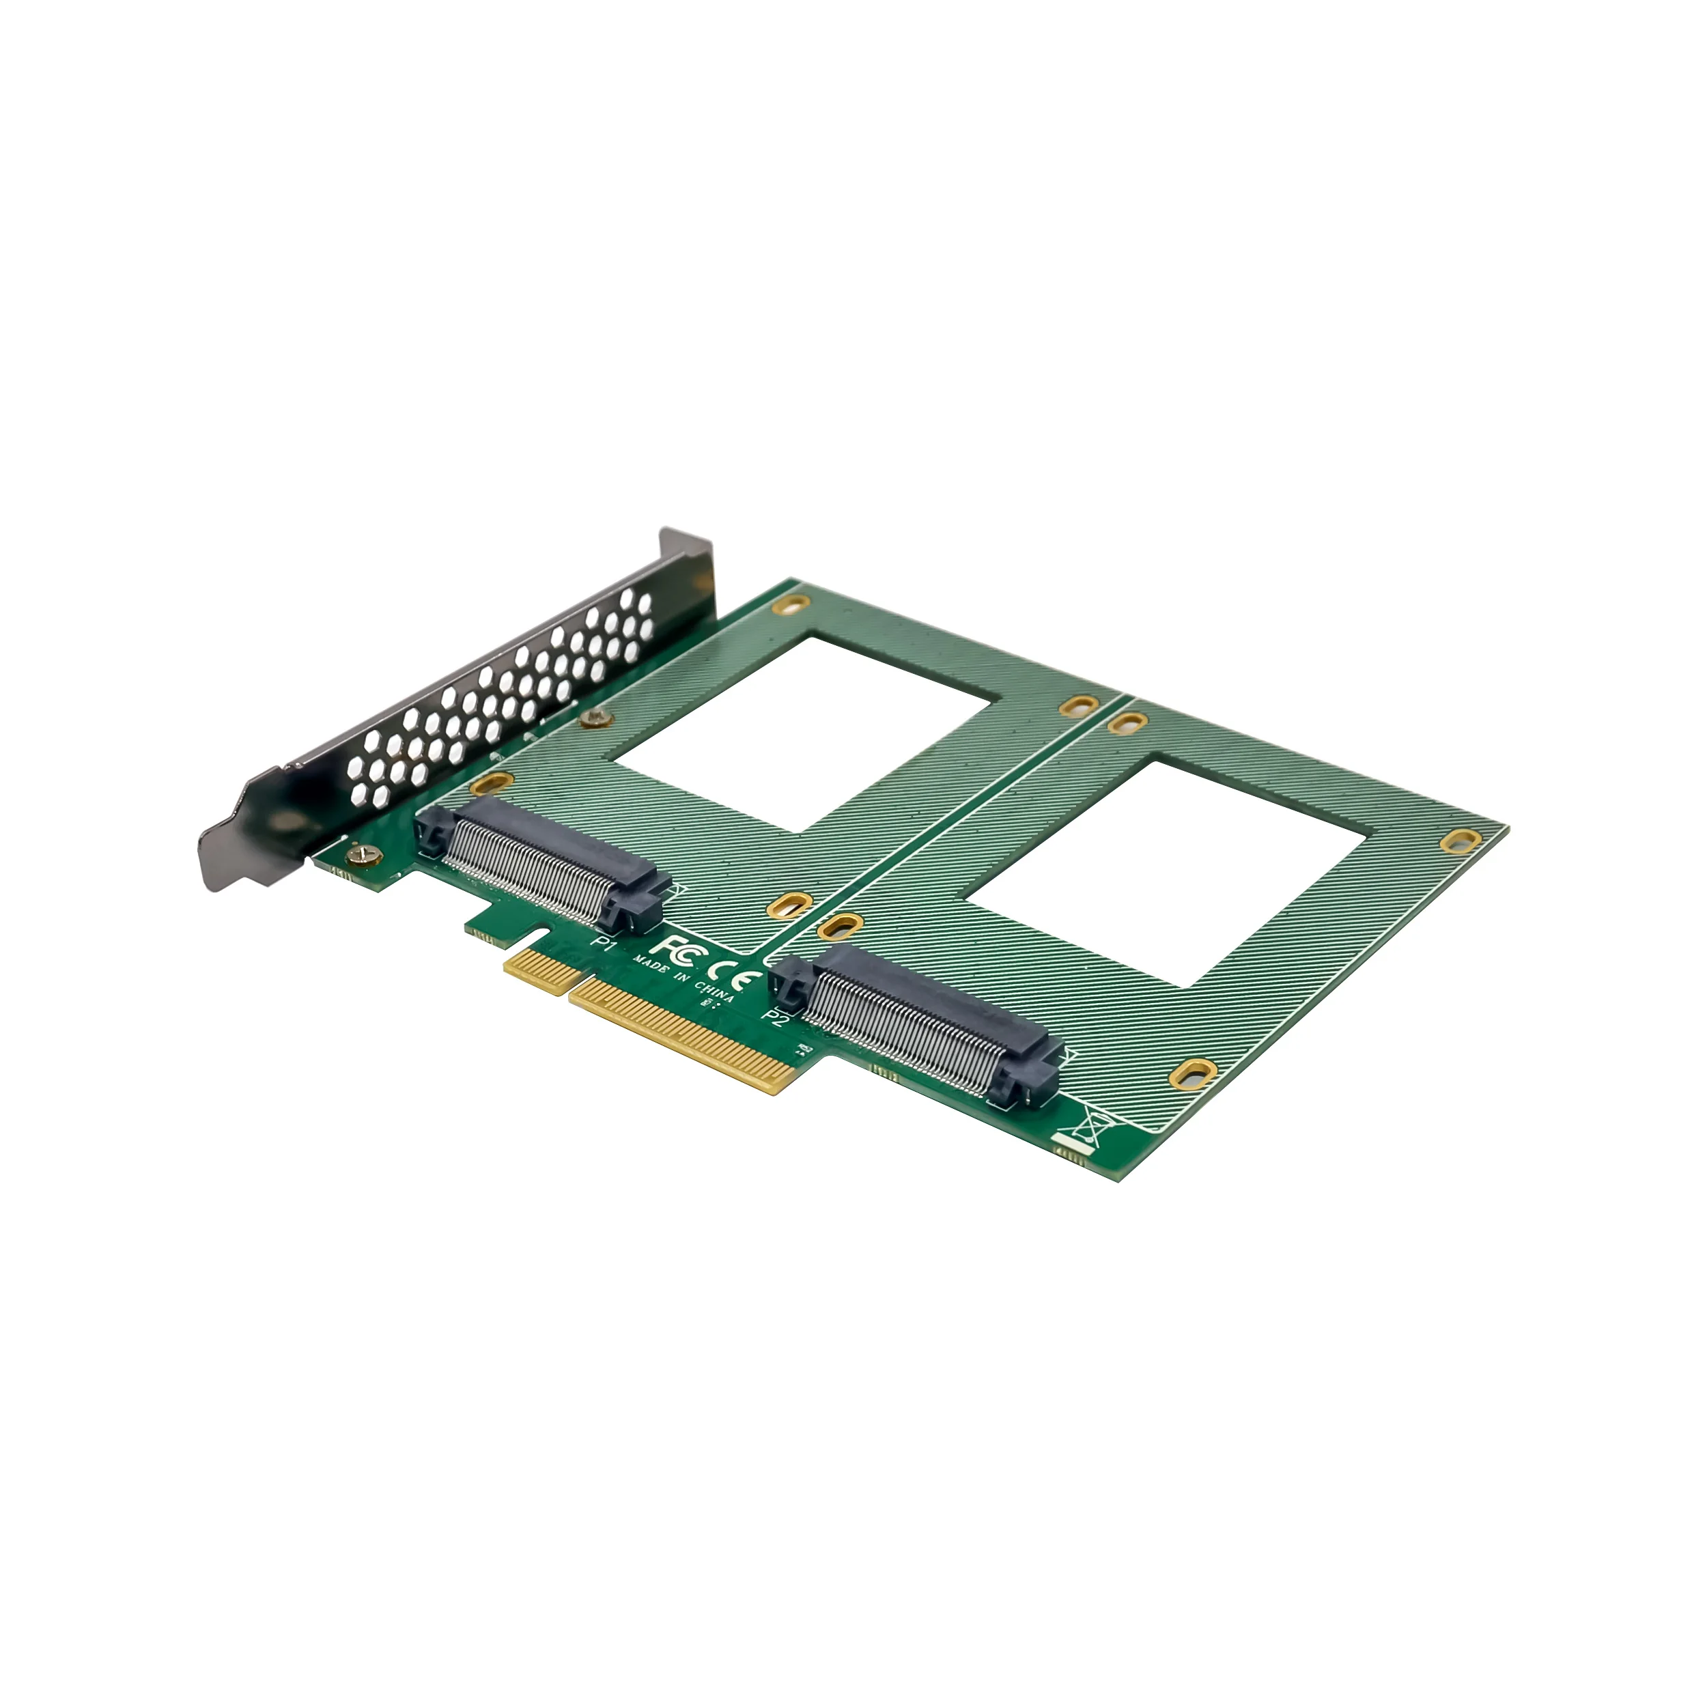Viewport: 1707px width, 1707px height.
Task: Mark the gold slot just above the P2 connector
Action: click(841, 925)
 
